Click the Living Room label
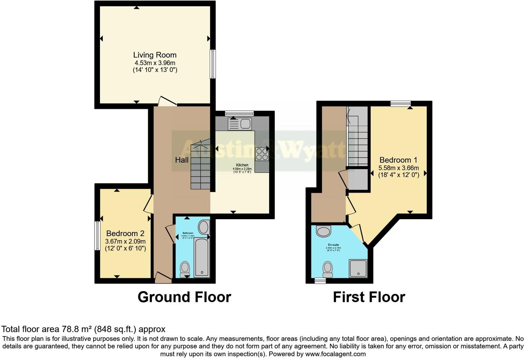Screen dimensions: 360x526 [155, 55]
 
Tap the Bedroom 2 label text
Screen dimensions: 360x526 [125, 234]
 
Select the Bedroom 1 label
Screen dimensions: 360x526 [398, 160]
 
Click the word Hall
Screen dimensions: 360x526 [182, 160]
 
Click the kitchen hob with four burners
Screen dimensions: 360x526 [262, 154]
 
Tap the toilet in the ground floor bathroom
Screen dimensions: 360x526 [185, 268]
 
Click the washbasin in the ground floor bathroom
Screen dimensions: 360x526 [203, 228]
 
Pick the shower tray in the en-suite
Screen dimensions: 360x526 [358, 268]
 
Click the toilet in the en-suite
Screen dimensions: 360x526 [327, 269]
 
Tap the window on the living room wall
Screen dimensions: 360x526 [213, 64]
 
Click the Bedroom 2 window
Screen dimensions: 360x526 [97, 235]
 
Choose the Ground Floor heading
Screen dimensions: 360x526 [184, 297]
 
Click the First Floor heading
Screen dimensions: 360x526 [369, 297]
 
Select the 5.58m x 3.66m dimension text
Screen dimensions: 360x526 [398, 168]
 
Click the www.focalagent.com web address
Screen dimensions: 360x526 [335, 354]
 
